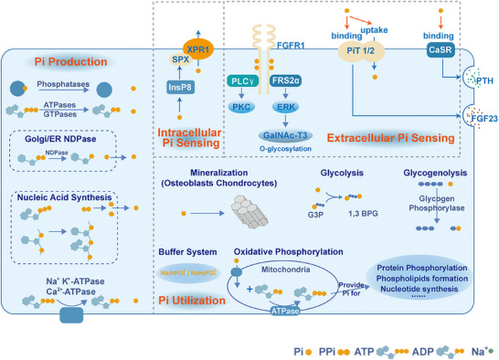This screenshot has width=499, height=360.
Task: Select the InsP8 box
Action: [x=177, y=88]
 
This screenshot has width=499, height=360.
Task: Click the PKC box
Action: [x=241, y=106]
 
